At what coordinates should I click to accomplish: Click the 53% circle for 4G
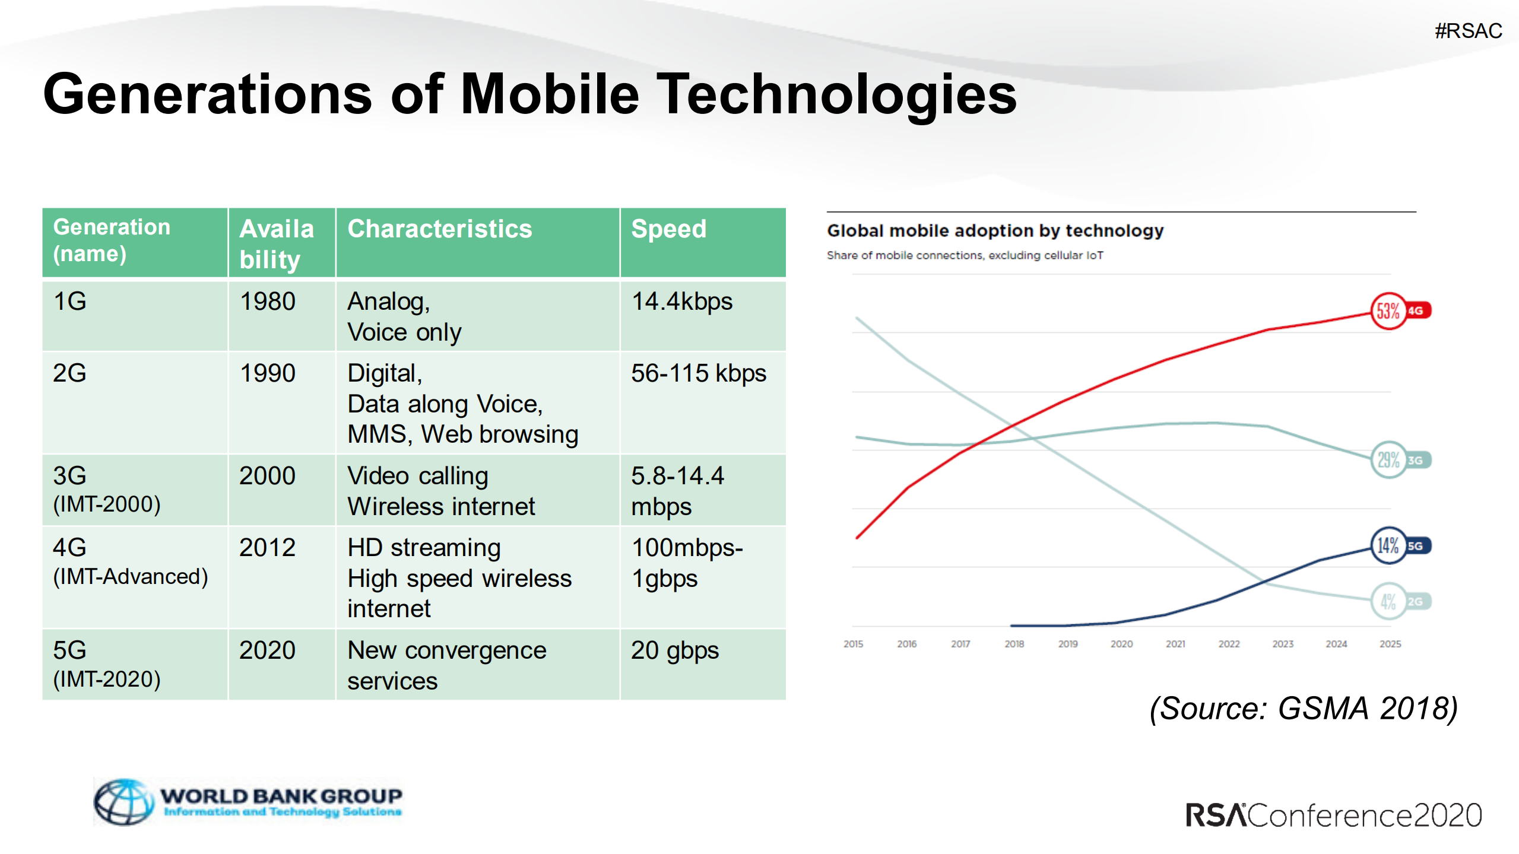click(1388, 310)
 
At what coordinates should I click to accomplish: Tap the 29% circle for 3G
click(1388, 459)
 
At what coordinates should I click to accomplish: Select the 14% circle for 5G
click(1388, 545)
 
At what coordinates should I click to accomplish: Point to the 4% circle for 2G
click(1388, 601)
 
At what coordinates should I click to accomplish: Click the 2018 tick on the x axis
click(1014, 644)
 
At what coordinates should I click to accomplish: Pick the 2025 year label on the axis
click(1390, 644)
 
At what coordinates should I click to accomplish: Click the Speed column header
click(668, 229)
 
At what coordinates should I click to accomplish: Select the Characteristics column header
click(439, 229)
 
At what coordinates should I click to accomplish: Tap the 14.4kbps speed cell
click(681, 301)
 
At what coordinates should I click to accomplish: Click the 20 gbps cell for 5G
click(674, 650)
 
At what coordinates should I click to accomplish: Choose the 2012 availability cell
click(267, 547)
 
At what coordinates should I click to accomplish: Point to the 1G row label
click(69, 301)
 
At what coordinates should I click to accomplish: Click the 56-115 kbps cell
click(698, 373)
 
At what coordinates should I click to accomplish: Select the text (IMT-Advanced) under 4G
click(130, 576)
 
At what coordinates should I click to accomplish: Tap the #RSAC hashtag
click(1468, 31)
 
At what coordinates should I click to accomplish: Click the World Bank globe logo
click(123, 802)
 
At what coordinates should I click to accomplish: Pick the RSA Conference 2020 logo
click(1333, 815)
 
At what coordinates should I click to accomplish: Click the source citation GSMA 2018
click(1304, 708)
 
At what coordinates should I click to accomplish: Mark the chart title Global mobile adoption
click(995, 230)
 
